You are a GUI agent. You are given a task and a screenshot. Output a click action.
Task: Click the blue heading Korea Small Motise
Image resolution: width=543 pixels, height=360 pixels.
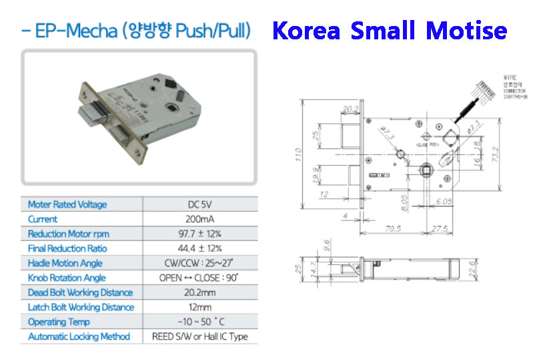390,31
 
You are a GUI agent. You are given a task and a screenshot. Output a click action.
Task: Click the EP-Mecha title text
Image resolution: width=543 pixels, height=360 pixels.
136,31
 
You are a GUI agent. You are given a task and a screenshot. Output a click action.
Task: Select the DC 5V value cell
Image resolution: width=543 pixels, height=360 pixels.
200,205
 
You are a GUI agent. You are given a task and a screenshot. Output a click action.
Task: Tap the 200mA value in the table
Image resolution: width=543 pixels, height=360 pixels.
200,219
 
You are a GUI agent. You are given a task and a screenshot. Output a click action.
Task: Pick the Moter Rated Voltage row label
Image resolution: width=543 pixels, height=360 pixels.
67,205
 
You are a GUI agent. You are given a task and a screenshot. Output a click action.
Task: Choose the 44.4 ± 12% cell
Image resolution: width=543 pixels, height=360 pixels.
200,249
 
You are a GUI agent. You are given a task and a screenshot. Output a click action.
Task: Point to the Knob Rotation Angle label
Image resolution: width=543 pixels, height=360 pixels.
67,278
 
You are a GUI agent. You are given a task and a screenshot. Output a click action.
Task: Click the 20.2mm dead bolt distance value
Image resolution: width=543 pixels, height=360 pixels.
200,293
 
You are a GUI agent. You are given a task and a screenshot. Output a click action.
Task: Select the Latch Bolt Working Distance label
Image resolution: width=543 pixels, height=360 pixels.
81,307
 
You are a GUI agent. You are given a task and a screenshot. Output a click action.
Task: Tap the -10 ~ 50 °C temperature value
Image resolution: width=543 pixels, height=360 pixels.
200,322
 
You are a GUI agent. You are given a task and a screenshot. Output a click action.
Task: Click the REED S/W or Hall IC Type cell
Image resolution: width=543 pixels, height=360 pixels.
200,337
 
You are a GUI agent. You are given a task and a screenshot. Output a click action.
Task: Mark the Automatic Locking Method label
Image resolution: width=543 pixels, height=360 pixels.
79,337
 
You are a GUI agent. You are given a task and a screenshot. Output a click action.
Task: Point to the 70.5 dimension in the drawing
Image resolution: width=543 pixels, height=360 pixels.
394,229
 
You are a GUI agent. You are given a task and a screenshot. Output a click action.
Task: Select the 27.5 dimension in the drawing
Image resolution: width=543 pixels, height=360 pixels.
439,229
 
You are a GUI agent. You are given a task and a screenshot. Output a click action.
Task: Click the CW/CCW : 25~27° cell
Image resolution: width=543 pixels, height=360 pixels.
200,263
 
